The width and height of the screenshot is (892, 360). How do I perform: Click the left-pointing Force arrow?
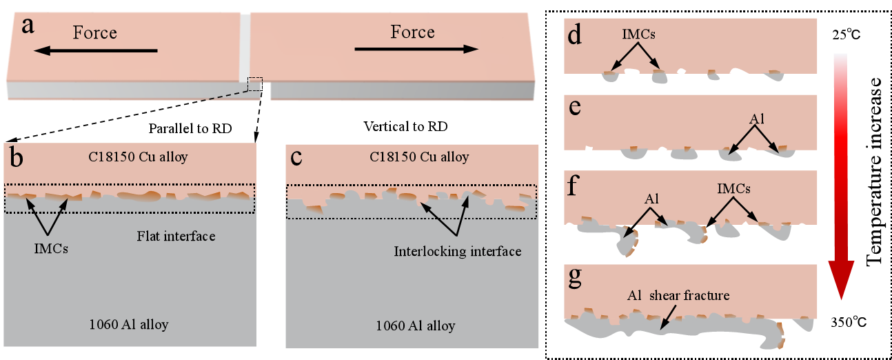(x=96, y=50)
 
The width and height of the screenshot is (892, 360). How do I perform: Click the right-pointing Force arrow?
(x=416, y=49)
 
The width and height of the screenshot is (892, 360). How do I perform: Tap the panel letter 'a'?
(x=28, y=26)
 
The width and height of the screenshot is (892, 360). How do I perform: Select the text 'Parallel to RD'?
(x=190, y=128)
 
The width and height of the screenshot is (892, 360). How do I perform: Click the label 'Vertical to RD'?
(x=405, y=126)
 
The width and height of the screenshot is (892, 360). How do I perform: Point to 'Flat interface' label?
(x=176, y=236)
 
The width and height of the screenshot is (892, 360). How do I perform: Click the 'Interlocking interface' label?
(x=458, y=251)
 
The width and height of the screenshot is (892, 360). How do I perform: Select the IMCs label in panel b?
(x=51, y=249)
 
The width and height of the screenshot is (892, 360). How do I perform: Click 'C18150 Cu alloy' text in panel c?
(x=419, y=157)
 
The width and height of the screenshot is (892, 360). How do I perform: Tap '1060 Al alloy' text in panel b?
(x=129, y=325)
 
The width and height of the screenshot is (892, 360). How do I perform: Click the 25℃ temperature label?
(x=847, y=34)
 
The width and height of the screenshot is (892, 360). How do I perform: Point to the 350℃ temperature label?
(x=849, y=322)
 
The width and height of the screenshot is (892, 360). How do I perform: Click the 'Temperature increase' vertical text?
(x=873, y=172)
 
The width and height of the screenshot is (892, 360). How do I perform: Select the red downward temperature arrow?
(x=841, y=177)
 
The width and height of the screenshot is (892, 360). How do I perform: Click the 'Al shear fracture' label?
(x=678, y=295)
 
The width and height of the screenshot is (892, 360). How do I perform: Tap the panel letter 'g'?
(x=575, y=277)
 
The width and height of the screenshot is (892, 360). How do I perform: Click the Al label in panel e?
(x=757, y=119)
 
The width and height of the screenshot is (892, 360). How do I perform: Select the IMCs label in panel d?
(x=639, y=34)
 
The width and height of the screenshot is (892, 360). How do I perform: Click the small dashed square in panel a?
(x=255, y=84)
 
